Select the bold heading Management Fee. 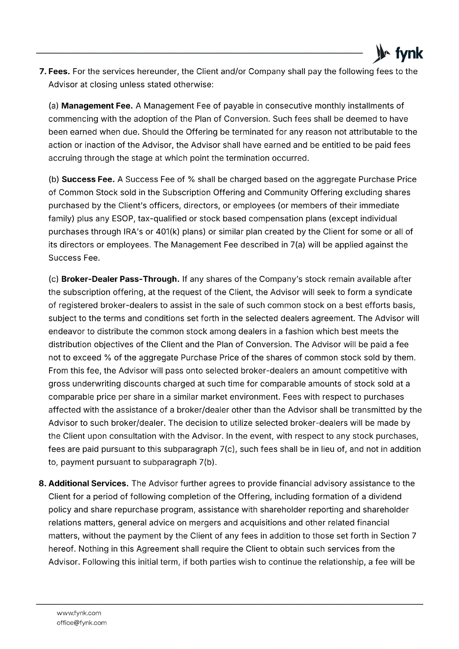pos(97,106)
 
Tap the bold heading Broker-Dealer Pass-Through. pos(120,279)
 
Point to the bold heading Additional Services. pos(88,484)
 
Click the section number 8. pos(41,484)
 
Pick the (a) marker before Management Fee pos(54,106)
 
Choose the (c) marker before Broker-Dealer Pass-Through pos(54,279)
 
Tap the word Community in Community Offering pos(287,192)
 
